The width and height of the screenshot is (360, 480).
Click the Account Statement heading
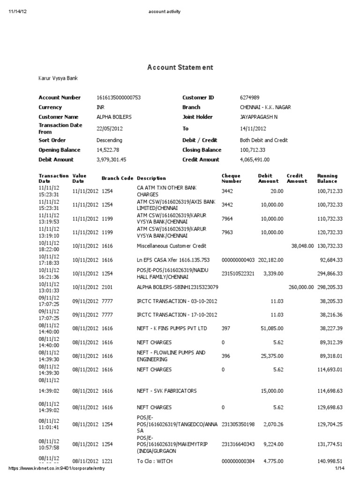(x=180, y=67)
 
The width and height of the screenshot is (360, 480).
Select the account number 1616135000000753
(x=119, y=97)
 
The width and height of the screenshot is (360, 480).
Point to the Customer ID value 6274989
(x=249, y=97)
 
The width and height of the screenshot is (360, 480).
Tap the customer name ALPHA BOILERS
(x=114, y=117)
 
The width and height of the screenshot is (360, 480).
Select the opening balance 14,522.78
(x=108, y=150)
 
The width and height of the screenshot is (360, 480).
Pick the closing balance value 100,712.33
(x=253, y=150)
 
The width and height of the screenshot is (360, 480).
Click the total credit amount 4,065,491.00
(x=255, y=160)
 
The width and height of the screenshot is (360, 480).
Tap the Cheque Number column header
(x=232, y=178)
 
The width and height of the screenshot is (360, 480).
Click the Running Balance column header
(x=327, y=178)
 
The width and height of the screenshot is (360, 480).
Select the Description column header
(x=151, y=178)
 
